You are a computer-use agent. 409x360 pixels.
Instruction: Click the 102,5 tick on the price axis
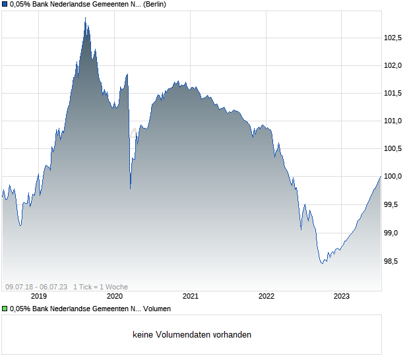[393, 38]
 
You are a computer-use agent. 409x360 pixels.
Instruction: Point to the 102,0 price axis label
[393, 65]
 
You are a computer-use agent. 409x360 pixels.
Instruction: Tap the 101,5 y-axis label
[393, 93]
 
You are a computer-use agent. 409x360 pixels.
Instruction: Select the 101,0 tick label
[393, 121]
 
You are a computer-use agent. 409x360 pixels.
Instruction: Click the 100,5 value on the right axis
[393, 148]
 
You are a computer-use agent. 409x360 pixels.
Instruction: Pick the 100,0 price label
[393, 177]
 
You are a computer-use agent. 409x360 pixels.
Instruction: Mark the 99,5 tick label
[394, 204]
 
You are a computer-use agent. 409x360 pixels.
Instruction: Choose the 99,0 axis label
[394, 233]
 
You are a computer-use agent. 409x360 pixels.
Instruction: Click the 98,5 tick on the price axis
[394, 261]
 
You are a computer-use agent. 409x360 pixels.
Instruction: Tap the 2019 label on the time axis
[39, 296]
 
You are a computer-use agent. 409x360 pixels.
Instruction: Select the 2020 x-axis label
[115, 296]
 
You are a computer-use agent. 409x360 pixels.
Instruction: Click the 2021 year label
[191, 296]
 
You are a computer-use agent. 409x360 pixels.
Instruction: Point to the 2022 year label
[266, 296]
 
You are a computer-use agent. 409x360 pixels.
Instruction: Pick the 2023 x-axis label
[342, 296]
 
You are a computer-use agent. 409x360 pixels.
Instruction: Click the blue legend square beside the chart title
[5, 5]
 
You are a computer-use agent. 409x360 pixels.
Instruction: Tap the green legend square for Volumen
[5, 309]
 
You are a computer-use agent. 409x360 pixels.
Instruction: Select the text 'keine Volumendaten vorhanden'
[192, 335]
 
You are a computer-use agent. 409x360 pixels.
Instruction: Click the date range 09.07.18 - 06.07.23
[36, 287]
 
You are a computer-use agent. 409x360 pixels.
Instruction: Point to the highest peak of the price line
[85, 18]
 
